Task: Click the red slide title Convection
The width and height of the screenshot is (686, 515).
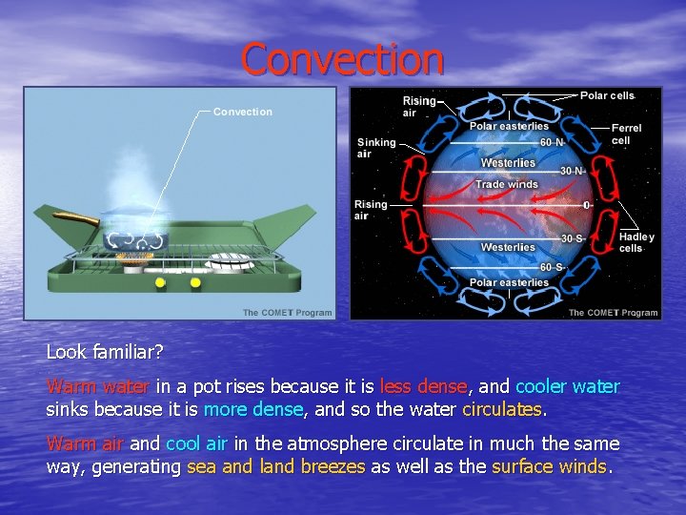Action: click(x=342, y=59)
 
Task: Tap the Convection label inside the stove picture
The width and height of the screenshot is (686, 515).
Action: click(x=242, y=112)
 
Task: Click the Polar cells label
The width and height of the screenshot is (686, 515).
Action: click(x=607, y=96)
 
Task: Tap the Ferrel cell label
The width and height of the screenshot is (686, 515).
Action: click(x=626, y=134)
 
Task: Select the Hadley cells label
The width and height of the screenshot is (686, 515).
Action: click(x=636, y=242)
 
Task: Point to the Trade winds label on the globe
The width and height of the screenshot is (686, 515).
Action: click(x=506, y=184)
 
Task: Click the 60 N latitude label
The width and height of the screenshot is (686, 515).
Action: click(x=552, y=142)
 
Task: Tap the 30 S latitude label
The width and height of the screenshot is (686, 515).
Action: click(x=573, y=238)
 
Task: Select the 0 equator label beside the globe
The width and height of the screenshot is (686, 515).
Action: click(x=586, y=205)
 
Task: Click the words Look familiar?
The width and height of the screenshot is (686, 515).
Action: click(x=99, y=351)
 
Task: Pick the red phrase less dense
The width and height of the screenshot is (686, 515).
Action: click(x=423, y=387)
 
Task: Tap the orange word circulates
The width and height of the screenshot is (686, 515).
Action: click(x=501, y=410)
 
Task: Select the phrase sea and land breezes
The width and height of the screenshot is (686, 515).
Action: click(x=276, y=467)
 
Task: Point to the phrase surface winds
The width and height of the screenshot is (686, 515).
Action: click(x=549, y=467)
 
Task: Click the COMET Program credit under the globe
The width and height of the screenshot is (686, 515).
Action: click(x=613, y=313)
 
